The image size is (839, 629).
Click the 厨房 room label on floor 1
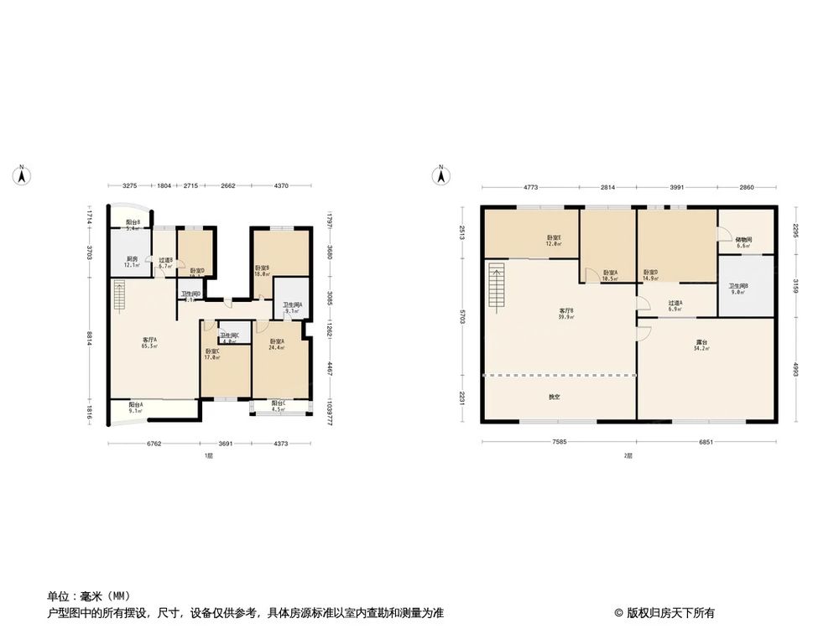[132, 262]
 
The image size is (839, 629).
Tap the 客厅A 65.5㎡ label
[149, 342]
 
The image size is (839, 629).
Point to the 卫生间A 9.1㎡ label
[293, 308]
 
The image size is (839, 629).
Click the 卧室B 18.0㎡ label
[262, 270]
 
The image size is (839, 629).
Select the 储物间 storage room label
[744, 242]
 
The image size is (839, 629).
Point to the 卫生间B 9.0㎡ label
[738, 289]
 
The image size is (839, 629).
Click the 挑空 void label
[555, 397]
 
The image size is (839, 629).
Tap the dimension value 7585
[560, 442]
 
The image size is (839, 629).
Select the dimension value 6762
[153, 444]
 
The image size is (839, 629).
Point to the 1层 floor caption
[208, 455]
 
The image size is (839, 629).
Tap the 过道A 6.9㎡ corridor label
[675, 306]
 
